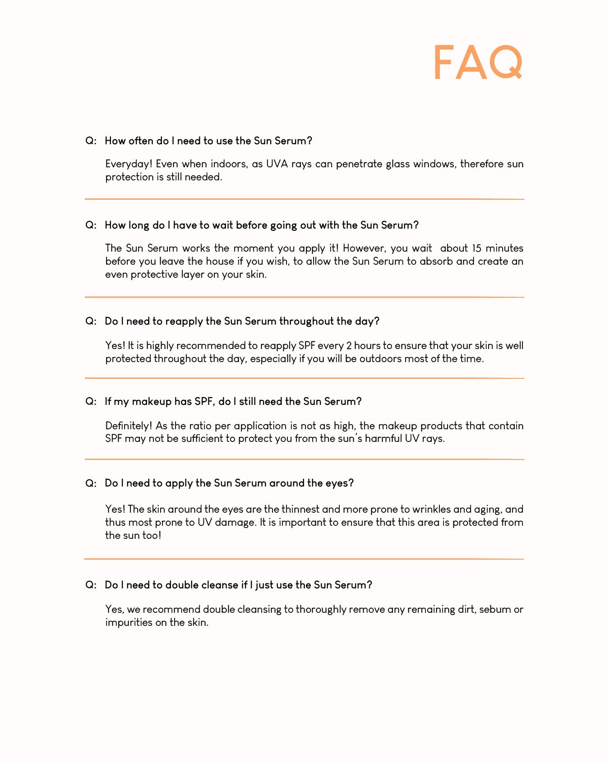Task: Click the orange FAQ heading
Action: coord(478,62)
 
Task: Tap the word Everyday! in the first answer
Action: coord(129,164)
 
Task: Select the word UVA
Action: coord(277,164)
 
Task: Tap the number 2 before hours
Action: coord(348,346)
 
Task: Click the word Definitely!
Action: coord(129,426)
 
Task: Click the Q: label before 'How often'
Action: coord(91,141)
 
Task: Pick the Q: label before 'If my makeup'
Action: coord(91,401)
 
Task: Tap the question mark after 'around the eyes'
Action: coord(351,483)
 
